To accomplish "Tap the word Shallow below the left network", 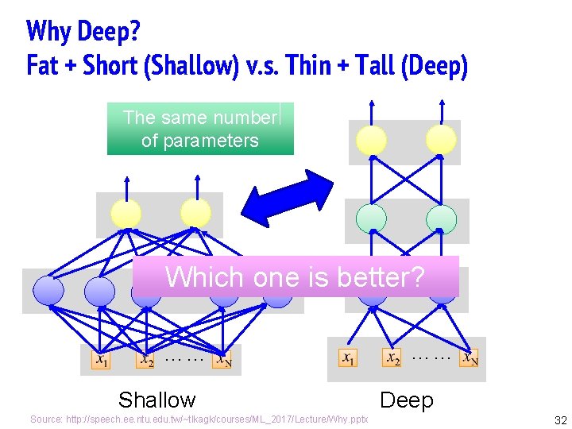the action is point(157,400).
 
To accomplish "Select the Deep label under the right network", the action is point(407,400).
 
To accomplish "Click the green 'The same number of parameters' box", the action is point(200,129).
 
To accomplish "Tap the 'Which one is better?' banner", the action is point(296,276).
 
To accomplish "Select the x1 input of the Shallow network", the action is point(102,360).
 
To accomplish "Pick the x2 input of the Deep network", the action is point(392,358).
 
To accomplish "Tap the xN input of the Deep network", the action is point(470,358).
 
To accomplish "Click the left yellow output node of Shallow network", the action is point(126,213).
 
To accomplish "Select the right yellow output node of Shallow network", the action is point(195,213).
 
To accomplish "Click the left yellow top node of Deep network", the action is point(371,141).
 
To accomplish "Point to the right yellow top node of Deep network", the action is point(441,141).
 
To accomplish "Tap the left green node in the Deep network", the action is point(371,218).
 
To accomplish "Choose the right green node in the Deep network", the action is point(440,218).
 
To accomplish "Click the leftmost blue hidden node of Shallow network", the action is point(48,291).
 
